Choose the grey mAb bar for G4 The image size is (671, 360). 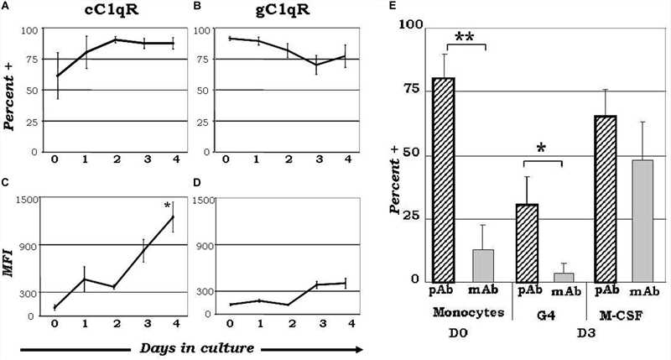coord(564,278)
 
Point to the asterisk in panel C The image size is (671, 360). coord(168,206)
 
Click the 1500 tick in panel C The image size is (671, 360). coord(27,200)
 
